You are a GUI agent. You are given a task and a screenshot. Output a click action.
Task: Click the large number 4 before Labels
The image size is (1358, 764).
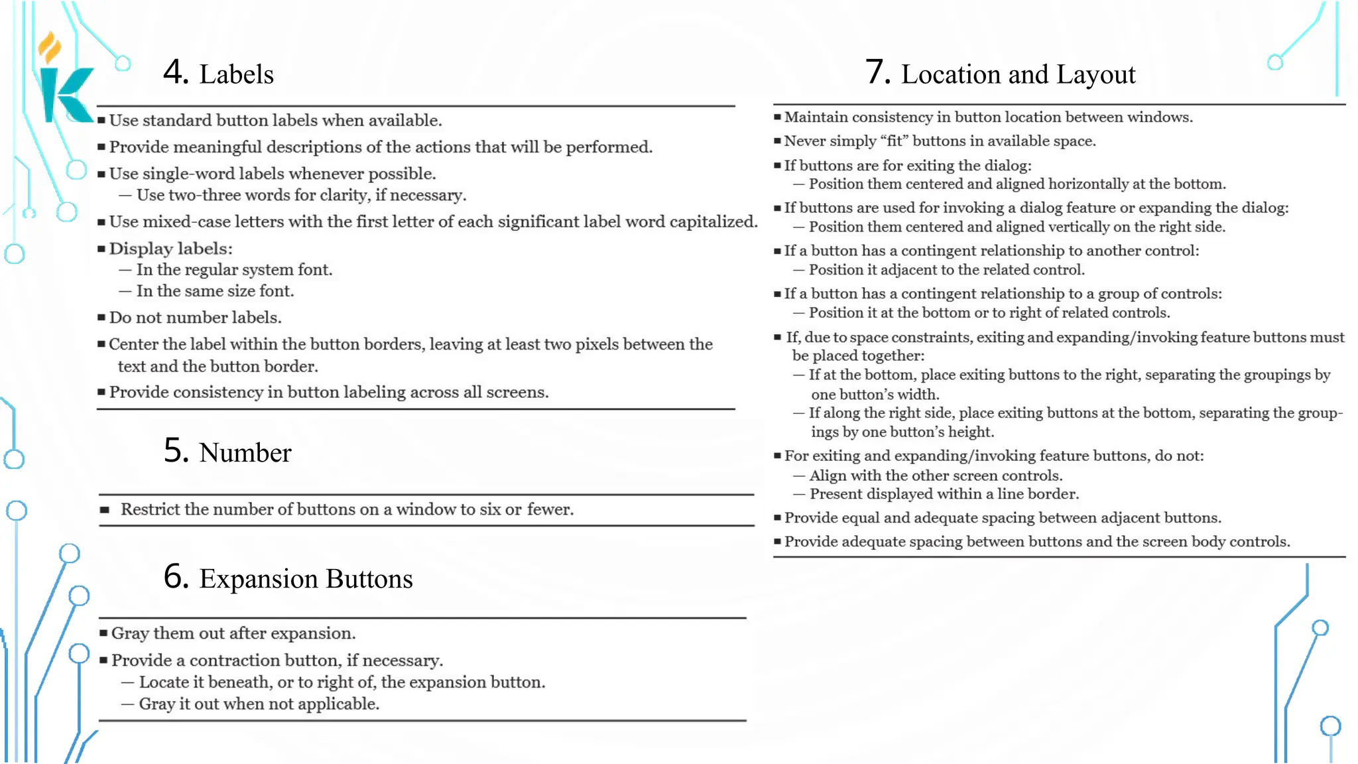click(x=176, y=72)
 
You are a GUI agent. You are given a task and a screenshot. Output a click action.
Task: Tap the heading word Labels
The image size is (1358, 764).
click(x=236, y=74)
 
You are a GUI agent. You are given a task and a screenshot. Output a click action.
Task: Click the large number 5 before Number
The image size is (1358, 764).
click(x=176, y=450)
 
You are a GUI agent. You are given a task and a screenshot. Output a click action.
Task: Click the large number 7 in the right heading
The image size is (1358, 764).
click(x=878, y=72)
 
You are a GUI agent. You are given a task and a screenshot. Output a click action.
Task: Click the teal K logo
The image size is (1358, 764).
click(x=65, y=95)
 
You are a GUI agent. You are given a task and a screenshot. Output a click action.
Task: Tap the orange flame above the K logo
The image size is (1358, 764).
click(x=49, y=48)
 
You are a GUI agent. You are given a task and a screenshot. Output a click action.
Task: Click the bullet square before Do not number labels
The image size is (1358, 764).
click(x=101, y=318)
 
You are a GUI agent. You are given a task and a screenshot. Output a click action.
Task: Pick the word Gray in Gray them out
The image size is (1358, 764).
click(x=130, y=633)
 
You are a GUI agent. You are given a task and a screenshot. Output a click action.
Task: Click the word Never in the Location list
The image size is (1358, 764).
click(x=805, y=141)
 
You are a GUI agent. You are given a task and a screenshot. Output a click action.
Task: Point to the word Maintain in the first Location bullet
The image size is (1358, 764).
click(x=816, y=117)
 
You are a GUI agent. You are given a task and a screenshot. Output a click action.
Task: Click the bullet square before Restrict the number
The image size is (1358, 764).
click(x=104, y=510)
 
